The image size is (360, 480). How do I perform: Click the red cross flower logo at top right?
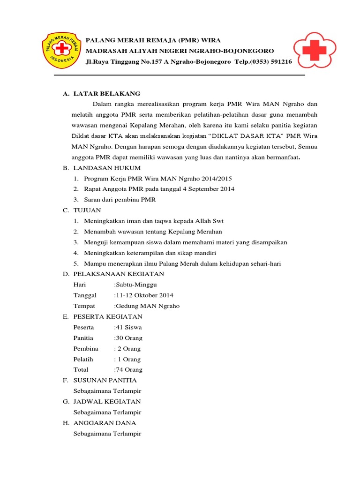(x=314, y=50)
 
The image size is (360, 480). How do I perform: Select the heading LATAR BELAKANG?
(x=107, y=94)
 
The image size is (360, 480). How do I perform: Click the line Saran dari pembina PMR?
(x=120, y=200)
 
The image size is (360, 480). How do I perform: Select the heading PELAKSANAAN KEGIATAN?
(x=119, y=274)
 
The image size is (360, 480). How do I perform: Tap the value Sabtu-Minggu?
(x=136, y=285)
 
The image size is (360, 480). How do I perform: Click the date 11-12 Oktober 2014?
(x=144, y=295)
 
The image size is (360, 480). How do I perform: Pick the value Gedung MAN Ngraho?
(x=147, y=306)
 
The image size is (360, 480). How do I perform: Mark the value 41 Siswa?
(x=128, y=327)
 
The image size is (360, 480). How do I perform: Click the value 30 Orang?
(x=129, y=338)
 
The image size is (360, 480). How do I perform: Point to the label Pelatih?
(x=83, y=359)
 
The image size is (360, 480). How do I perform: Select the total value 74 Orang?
(x=129, y=369)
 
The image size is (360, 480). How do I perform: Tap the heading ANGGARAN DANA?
(x=105, y=423)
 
